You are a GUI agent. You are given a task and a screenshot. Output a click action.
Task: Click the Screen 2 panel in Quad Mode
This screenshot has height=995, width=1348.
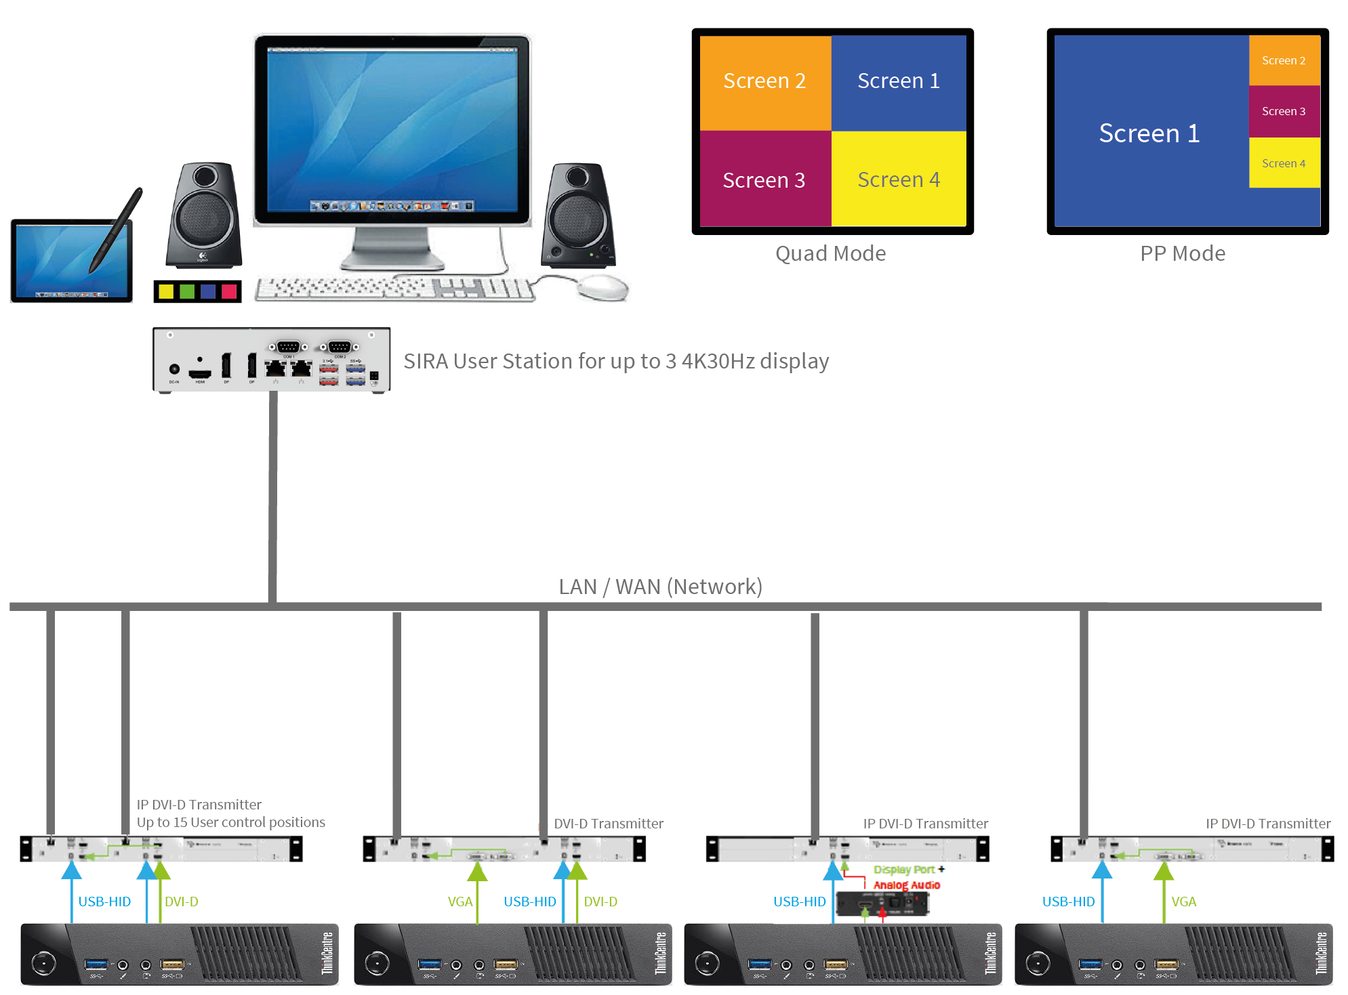(764, 81)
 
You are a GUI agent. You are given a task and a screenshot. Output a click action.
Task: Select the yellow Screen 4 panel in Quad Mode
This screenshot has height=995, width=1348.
(898, 179)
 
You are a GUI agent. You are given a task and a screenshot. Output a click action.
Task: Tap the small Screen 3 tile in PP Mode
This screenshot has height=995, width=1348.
(1284, 111)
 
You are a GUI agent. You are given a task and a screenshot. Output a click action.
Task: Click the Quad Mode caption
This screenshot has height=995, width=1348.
(830, 253)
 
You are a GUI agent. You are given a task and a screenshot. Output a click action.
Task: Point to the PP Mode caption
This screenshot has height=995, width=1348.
(1183, 253)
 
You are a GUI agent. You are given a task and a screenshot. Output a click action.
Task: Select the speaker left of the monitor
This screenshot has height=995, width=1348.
(203, 215)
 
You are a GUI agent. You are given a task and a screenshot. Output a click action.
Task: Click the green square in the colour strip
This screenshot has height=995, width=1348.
(187, 291)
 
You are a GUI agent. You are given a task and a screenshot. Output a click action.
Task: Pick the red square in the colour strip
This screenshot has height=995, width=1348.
(229, 291)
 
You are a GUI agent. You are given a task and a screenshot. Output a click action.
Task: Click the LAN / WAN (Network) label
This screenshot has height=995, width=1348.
(660, 587)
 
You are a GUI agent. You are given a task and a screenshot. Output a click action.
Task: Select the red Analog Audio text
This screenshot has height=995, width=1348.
(907, 885)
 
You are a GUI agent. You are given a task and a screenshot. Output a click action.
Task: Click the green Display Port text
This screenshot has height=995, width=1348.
(904, 870)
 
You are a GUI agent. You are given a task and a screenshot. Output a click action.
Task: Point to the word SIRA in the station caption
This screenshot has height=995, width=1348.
(426, 362)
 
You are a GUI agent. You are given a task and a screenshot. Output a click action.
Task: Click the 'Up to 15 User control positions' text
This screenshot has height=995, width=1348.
(230, 822)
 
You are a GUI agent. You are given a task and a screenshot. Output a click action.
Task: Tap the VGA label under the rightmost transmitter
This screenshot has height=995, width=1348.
(1183, 902)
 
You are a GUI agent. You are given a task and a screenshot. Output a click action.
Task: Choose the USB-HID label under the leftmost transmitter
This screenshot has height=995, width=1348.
(104, 902)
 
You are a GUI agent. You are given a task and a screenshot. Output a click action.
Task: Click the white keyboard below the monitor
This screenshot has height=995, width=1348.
(393, 289)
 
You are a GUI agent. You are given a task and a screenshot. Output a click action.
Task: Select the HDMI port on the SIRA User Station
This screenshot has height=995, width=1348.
(200, 373)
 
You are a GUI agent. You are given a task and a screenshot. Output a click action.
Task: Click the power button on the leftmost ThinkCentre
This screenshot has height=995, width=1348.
(44, 962)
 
